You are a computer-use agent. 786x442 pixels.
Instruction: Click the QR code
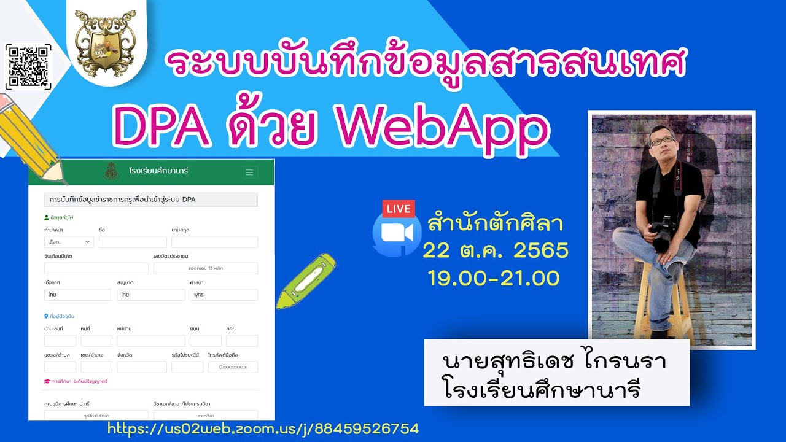pyautogui.click(x=28, y=67)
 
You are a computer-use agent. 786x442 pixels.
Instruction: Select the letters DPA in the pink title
pyautogui.click(x=161, y=128)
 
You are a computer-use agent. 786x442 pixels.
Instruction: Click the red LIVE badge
pyautogui.click(x=398, y=209)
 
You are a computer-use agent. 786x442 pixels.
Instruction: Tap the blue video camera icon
pyautogui.click(x=396, y=234)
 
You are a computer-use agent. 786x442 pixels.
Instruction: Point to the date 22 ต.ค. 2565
pyautogui.click(x=495, y=250)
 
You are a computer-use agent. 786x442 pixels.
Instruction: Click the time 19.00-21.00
pyautogui.click(x=494, y=277)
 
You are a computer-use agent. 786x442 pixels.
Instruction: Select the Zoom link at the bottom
pyautogui.click(x=263, y=428)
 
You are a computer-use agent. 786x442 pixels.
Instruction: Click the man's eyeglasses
pyautogui.click(x=662, y=141)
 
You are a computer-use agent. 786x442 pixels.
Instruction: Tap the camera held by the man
pyautogui.click(x=663, y=233)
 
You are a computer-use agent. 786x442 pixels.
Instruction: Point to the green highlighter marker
pyautogui.click(x=305, y=281)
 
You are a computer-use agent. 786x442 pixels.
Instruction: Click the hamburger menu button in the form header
pyautogui.click(x=249, y=173)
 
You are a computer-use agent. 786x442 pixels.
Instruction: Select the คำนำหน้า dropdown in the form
pyautogui.click(x=69, y=242)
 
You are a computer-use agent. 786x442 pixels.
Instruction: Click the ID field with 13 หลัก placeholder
pyautogui.click(x=206, y=268)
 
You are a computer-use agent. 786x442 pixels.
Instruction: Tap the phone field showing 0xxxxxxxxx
pyautogui.click(x=233, y=367)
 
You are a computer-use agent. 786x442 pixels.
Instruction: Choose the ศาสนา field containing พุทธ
pyautogui.click(x=224, y=295)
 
